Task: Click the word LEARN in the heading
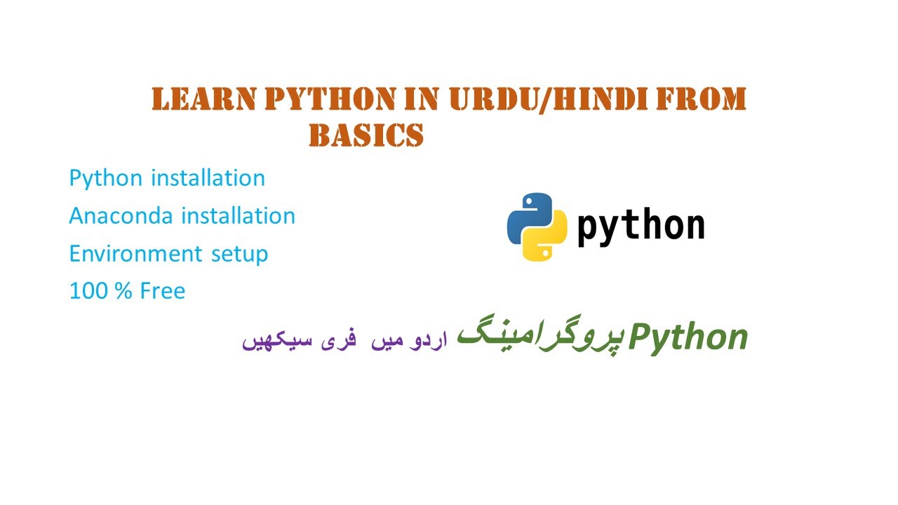pos(203,100)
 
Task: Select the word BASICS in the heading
pos(366,136)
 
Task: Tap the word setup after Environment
pos(240,254)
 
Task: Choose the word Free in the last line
pos(162,290)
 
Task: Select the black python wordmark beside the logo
pos(640,227)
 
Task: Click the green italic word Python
pos(688,338)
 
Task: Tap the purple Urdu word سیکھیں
pos(272,342)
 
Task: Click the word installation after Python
pos(208,178)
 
